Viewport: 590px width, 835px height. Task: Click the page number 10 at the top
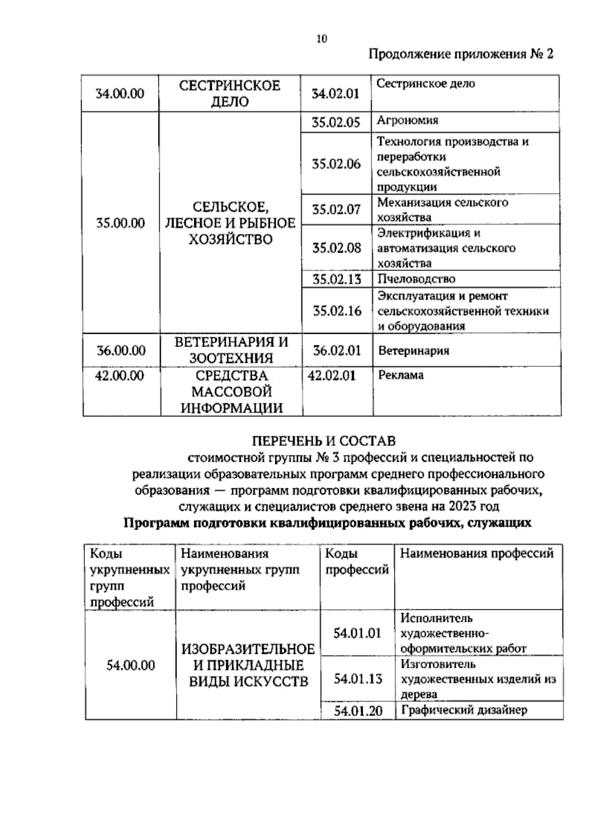[x=322, y=39]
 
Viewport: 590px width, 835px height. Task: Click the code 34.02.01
[x=336, y=93]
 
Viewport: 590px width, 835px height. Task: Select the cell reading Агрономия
[x=408, y=120]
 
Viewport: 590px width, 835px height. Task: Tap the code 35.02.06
[x=336, y=164]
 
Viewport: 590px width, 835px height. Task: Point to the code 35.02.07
[x=336, y=209]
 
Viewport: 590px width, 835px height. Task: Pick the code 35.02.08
[x=337, y=247]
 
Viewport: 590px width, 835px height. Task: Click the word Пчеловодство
[x=416, y=279]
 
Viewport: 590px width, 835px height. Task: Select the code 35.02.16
[x=337, y=311]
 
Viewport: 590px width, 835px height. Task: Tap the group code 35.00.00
[x=120, y=223]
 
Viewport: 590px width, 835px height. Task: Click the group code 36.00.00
[x=121, y=351]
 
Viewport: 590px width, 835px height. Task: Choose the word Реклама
[x=401, y=375]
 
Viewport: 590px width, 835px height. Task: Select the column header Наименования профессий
[x=477, y=553]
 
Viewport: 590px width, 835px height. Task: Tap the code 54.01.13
[x=358, y=679]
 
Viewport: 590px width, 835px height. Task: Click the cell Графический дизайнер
[x=464, y=710]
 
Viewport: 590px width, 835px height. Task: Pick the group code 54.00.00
[x=131, y=665]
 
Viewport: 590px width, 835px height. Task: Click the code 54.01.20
[x=358, y=711]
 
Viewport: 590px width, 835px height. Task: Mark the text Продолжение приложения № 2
[x=461, y=54]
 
